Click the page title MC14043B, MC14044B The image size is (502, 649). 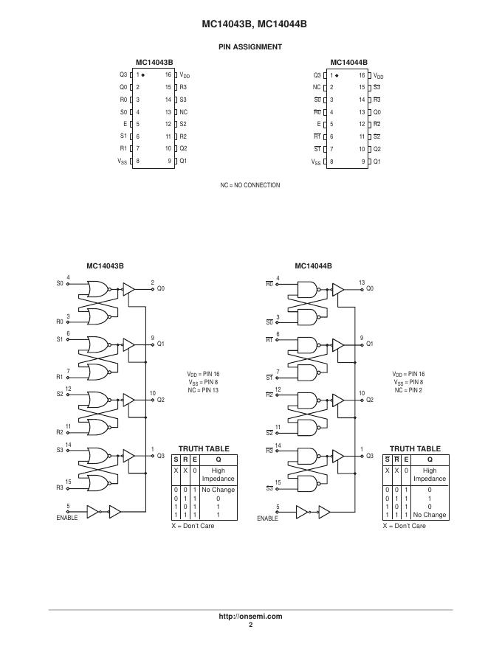click(250, 24)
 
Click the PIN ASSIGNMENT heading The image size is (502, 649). click(250, 47)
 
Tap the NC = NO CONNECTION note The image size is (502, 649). click(250, 185)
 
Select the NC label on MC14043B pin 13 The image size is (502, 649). click(183, 112)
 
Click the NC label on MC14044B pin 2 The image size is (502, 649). click(317, 87)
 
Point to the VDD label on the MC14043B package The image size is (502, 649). click(185, 75)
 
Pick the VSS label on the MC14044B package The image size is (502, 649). click(316, 162)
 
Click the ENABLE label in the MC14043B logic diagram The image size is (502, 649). click(67, 518)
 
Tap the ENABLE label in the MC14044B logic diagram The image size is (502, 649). click(267, 518)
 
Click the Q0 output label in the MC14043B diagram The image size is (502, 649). click(160, 288)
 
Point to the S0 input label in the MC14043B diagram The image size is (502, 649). click(61, 283)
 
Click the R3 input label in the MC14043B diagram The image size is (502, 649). click(61, 487)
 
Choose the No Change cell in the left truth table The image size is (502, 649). click(218, 490)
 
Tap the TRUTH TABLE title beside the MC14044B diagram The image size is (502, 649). click(415, 448)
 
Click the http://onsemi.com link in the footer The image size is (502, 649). click(250, 617)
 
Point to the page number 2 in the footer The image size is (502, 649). click(250, 625)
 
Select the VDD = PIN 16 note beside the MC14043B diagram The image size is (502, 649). click(203, 375)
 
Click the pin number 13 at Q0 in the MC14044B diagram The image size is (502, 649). click(362, 282)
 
